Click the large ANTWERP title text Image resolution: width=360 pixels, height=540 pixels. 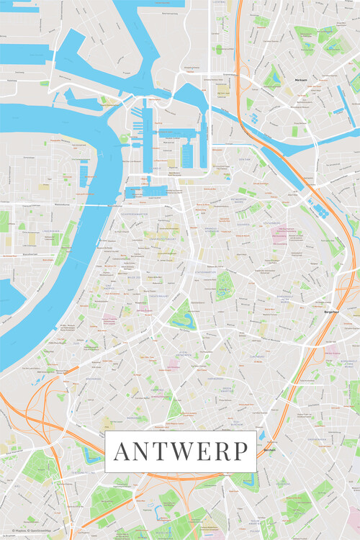pos(180,451)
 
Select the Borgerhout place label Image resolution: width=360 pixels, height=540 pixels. pos(333,312)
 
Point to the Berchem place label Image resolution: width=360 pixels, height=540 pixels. pos(270,449)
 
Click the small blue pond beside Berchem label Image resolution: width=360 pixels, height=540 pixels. pos(261,436)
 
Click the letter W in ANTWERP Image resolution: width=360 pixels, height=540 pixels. pos(178,451)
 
